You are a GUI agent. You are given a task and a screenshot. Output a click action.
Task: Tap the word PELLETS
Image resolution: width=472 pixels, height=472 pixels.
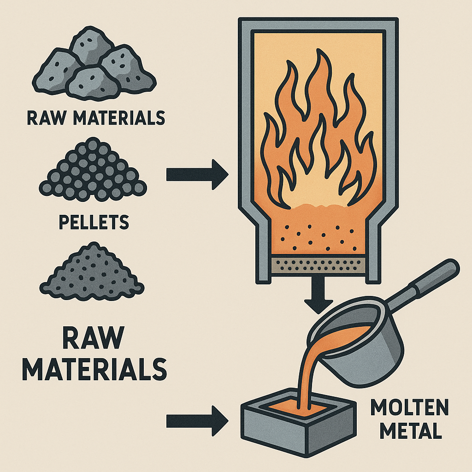(x=94, y=222)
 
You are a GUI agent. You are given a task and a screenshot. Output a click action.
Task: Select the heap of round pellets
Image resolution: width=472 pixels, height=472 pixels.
(x=93, y=170)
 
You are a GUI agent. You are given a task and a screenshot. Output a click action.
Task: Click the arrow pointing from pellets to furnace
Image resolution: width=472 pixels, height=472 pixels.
(x=197, y=175)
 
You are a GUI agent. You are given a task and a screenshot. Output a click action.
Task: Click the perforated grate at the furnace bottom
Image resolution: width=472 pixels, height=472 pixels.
(x=319, y=265)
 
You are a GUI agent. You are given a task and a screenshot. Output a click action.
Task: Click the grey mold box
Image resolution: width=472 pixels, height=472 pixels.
(x=299, y=421)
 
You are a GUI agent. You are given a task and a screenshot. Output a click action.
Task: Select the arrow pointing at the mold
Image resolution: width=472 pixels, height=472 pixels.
(x=197, y=421)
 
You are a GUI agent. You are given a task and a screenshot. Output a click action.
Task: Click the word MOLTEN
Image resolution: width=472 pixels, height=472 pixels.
(x=409, y=407)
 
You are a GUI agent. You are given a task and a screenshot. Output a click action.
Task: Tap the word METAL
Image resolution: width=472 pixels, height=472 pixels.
(x=411, y=431)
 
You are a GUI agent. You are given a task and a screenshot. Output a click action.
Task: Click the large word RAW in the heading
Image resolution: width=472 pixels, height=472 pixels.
(x=94, y=338)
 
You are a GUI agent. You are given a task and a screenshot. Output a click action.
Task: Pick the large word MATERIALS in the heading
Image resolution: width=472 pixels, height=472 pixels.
(x=94, y=369)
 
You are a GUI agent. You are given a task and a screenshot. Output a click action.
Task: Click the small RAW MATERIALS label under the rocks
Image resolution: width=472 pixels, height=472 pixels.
(x=96, y=118)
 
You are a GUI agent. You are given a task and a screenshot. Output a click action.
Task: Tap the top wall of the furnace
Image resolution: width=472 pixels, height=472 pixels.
(x=319, y=24)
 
